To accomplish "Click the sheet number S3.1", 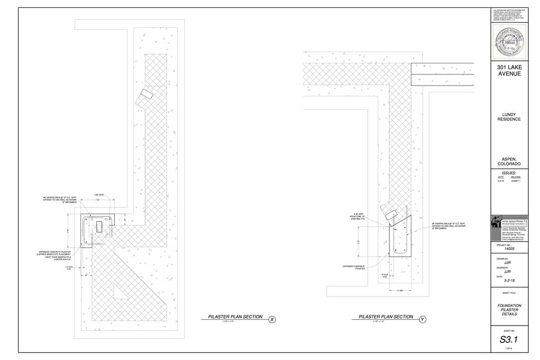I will (x=509, y=339).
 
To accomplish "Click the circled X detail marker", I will (x=272, y=320).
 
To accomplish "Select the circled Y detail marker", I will (x=423, y=320).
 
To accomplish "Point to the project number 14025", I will (x=508, y=249).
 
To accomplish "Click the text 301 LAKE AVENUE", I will (x=509, y=70).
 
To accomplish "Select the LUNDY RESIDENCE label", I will (x=509, y=117).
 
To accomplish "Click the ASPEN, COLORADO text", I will (x=509, y=161).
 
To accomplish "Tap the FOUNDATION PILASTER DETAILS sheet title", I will (x=509, y=310).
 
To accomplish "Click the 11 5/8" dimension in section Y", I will (x=400, y=291).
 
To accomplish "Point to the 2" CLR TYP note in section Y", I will (x=385, y=276).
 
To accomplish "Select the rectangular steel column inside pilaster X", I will (x=100, y=226).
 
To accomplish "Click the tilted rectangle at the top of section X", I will (x=146, y=94).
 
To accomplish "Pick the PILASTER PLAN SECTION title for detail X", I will (x=235, y=317).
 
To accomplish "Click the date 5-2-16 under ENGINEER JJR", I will (x=509, y=280).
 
